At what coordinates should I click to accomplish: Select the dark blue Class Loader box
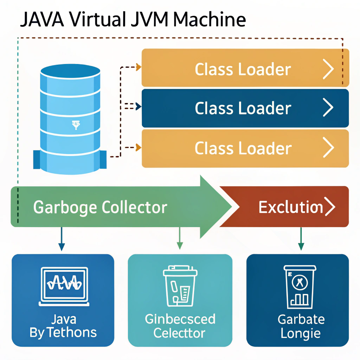tap(245, 108)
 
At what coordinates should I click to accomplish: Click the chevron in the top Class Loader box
tap(328, 70)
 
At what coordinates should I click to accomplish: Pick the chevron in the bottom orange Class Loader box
tap(328, 148)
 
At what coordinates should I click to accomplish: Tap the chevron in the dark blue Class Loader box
tap(328, 108)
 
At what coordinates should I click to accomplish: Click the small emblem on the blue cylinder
tap(75, 125)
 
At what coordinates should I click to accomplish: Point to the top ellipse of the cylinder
tap(70, 70)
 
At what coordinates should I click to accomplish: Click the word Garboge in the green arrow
tap(65, 208)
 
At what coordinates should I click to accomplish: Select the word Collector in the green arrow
tap(134, 208)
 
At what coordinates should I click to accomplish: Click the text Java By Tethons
tap(63, 326)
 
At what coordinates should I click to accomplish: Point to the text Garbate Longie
tap(301, 326)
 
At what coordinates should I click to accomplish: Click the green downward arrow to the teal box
tap(180, 239)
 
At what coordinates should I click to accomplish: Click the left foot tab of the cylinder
tap(37, 159)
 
